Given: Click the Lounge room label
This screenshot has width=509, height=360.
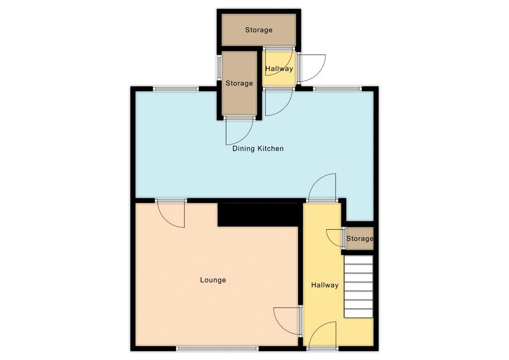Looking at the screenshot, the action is (213, 280).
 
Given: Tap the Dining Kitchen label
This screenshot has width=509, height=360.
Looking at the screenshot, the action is (258, 148).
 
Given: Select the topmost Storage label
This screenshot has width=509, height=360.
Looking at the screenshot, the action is (259, 30).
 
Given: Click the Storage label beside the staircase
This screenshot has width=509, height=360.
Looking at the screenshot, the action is (359, 239).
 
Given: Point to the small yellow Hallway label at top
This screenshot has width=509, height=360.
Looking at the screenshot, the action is (279, 68).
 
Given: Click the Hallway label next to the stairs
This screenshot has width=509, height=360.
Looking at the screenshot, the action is (325, 285).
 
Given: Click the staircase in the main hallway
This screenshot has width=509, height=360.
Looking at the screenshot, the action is (358, 287).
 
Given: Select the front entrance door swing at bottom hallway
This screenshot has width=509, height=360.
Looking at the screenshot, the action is (322, 335).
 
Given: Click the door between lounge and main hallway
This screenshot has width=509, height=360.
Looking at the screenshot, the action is (287, 321).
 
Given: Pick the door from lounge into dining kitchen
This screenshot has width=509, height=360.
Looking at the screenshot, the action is (171, 214).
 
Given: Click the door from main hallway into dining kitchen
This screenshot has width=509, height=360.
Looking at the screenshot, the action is (322, 187).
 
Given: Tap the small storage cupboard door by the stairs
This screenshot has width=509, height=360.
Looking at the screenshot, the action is (335, 238).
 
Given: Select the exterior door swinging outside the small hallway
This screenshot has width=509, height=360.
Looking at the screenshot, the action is (312, 68).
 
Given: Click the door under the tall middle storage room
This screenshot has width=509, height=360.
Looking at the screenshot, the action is (239, 131).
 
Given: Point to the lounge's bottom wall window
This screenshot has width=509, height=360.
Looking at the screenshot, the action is (217, 349).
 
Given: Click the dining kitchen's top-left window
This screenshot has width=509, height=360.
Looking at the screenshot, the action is (176, 89).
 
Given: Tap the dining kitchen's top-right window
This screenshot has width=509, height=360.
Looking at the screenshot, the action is (337, 89).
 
